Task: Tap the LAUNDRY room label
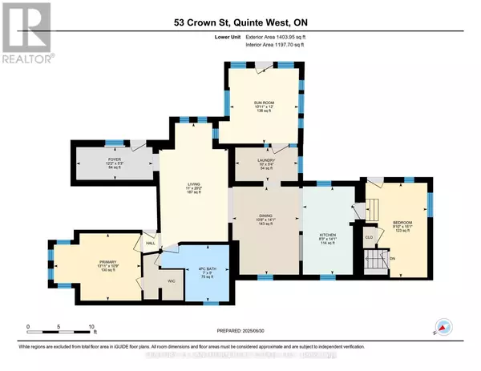coord(266,160)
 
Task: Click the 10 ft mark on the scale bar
coord(92,326)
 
